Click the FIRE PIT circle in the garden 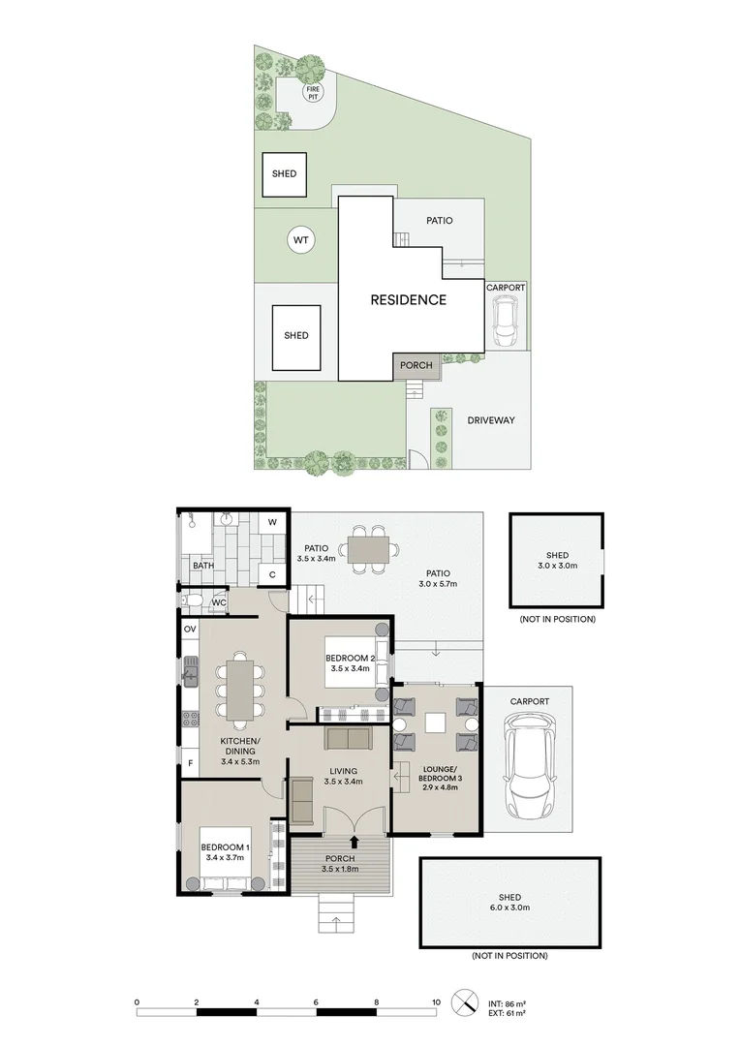[312, 92]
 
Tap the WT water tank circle [301, 240]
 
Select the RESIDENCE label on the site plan [409, 300]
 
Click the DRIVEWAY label [491, 420]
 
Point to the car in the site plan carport [506, 321]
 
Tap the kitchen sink [191, 671]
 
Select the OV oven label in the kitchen [190, 630]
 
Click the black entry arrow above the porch [355, 842]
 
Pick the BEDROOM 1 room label [226, 847]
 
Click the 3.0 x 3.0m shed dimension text [558, 566]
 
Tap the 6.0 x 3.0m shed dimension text [509, 908]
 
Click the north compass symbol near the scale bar [464, 1002]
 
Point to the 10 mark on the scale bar [437, 1002]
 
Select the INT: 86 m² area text [507, 1003]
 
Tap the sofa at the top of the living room [347, 738]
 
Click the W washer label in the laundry [272, 522]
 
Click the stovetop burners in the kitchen [191, 719]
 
